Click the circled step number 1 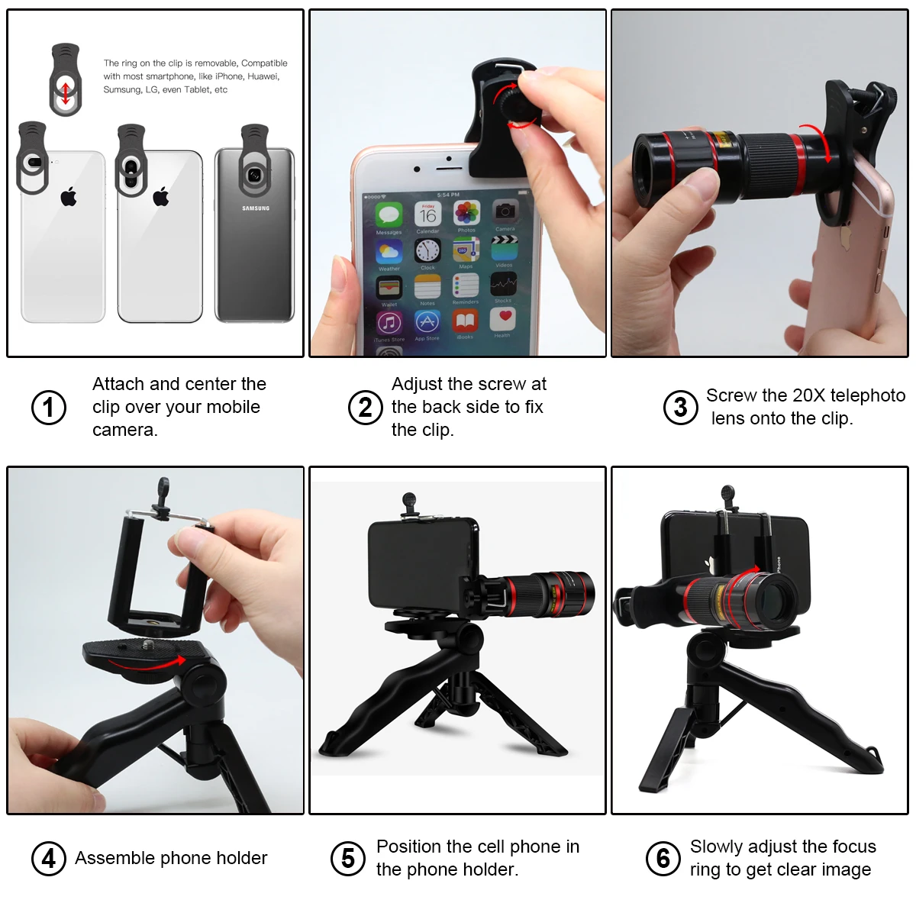(48, 407)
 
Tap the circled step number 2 (366, 407)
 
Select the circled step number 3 (680, 407)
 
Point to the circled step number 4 (48, 858)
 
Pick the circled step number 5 (348, 858)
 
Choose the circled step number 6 (663, 858)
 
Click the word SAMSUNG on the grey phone (256, 208)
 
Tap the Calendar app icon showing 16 (427, 214)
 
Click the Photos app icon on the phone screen (466, 214)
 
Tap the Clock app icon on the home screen (427, 250)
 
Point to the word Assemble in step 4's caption (110, 858)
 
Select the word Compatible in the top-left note (264, 63)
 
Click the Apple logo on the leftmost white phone (69, 198)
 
